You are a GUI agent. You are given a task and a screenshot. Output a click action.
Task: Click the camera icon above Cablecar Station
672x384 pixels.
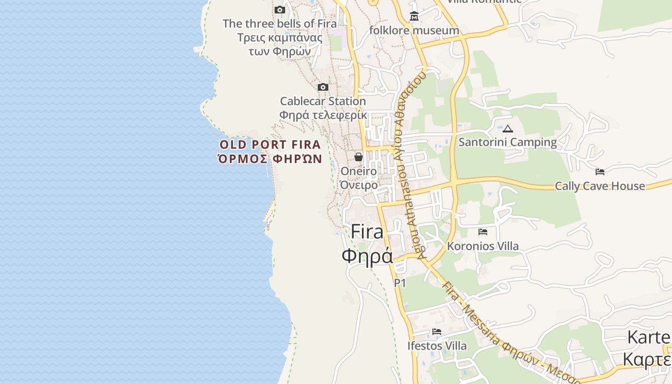click(x=323, y=87)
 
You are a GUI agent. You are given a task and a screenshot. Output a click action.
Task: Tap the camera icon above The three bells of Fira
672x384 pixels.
click(x=280, y=10)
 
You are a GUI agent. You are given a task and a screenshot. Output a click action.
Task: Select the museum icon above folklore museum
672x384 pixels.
click(x=414, y=17)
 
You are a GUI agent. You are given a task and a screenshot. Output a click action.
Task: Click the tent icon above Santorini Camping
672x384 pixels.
click(x=508, y=129)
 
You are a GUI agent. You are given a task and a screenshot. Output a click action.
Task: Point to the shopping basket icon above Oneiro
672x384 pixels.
click(x=358, y=157)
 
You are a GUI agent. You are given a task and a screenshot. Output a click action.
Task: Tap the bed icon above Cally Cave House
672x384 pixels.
click(x=600, y=172)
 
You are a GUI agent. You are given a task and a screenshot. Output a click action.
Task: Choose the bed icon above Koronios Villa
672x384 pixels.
click(x=483, y=232)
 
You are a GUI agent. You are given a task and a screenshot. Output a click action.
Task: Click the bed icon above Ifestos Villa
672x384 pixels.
click(x=437, y=332)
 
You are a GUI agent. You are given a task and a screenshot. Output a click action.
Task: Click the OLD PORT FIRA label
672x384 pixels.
click(x=270, y=144)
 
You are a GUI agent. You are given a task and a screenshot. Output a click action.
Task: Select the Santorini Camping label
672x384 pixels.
click(x=508, y=142)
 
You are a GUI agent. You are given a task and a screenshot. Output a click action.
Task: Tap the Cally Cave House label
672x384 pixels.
click(x=600, y=186)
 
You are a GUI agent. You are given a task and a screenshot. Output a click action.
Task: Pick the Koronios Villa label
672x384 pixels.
click(x=483, y=246)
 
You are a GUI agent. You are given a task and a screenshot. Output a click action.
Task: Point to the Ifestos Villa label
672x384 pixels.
click(x=437, y=346)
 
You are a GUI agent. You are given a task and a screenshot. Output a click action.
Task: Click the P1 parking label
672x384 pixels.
click(x=400, y=283)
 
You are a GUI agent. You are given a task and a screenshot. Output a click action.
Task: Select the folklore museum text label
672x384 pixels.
click(x=414, y=31)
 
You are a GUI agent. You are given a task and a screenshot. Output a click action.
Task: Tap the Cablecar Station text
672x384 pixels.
click(x=323, y=101)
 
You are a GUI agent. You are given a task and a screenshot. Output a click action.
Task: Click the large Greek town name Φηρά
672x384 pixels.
click(x=367, y=256)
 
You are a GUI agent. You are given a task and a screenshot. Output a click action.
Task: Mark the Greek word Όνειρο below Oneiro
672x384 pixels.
click(x=359, y=185)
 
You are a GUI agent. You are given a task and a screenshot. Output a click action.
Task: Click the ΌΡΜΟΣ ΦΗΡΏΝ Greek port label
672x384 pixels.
click(x=270, y=159)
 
